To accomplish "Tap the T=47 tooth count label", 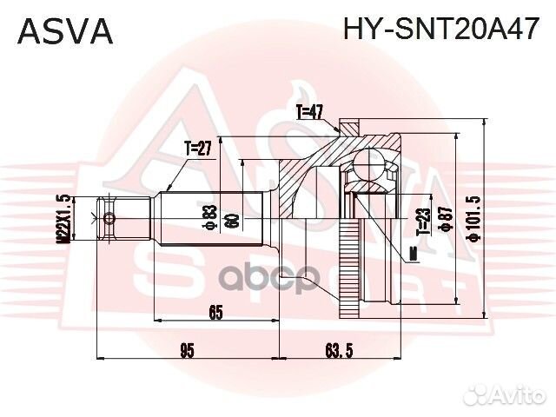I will tap(308, 111).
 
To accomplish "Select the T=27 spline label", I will tap(197, 149).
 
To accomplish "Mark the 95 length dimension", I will tap(187, 350).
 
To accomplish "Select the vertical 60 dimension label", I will tap(231, 220).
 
